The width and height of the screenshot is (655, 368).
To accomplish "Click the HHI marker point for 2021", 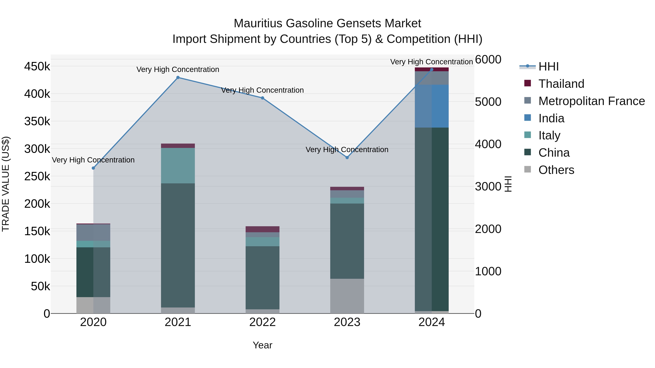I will (178, 77).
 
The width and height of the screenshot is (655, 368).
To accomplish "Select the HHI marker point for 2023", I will (347, 157).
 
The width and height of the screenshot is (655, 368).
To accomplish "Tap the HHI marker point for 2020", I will (93, 168).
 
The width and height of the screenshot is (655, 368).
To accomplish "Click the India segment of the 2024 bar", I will (432, 106).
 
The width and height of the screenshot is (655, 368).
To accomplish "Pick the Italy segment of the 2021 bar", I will (178, 166).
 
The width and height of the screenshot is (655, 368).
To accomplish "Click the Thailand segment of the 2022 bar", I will (262, 229).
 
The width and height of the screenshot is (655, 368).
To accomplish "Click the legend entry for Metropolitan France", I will (592, 101).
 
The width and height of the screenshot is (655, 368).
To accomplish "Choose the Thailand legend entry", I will (561, 84).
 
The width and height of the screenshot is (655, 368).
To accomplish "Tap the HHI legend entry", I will (548, 67).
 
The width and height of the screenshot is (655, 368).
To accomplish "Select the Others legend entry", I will (556, 170).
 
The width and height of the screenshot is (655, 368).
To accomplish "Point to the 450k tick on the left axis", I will (37, 67).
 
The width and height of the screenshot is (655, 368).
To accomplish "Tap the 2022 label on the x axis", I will (262, 322).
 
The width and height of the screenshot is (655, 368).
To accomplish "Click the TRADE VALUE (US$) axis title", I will (6, 184).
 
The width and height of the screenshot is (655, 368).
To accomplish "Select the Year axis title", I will (262, 345).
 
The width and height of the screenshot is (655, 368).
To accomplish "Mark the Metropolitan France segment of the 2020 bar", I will (93, 232).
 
